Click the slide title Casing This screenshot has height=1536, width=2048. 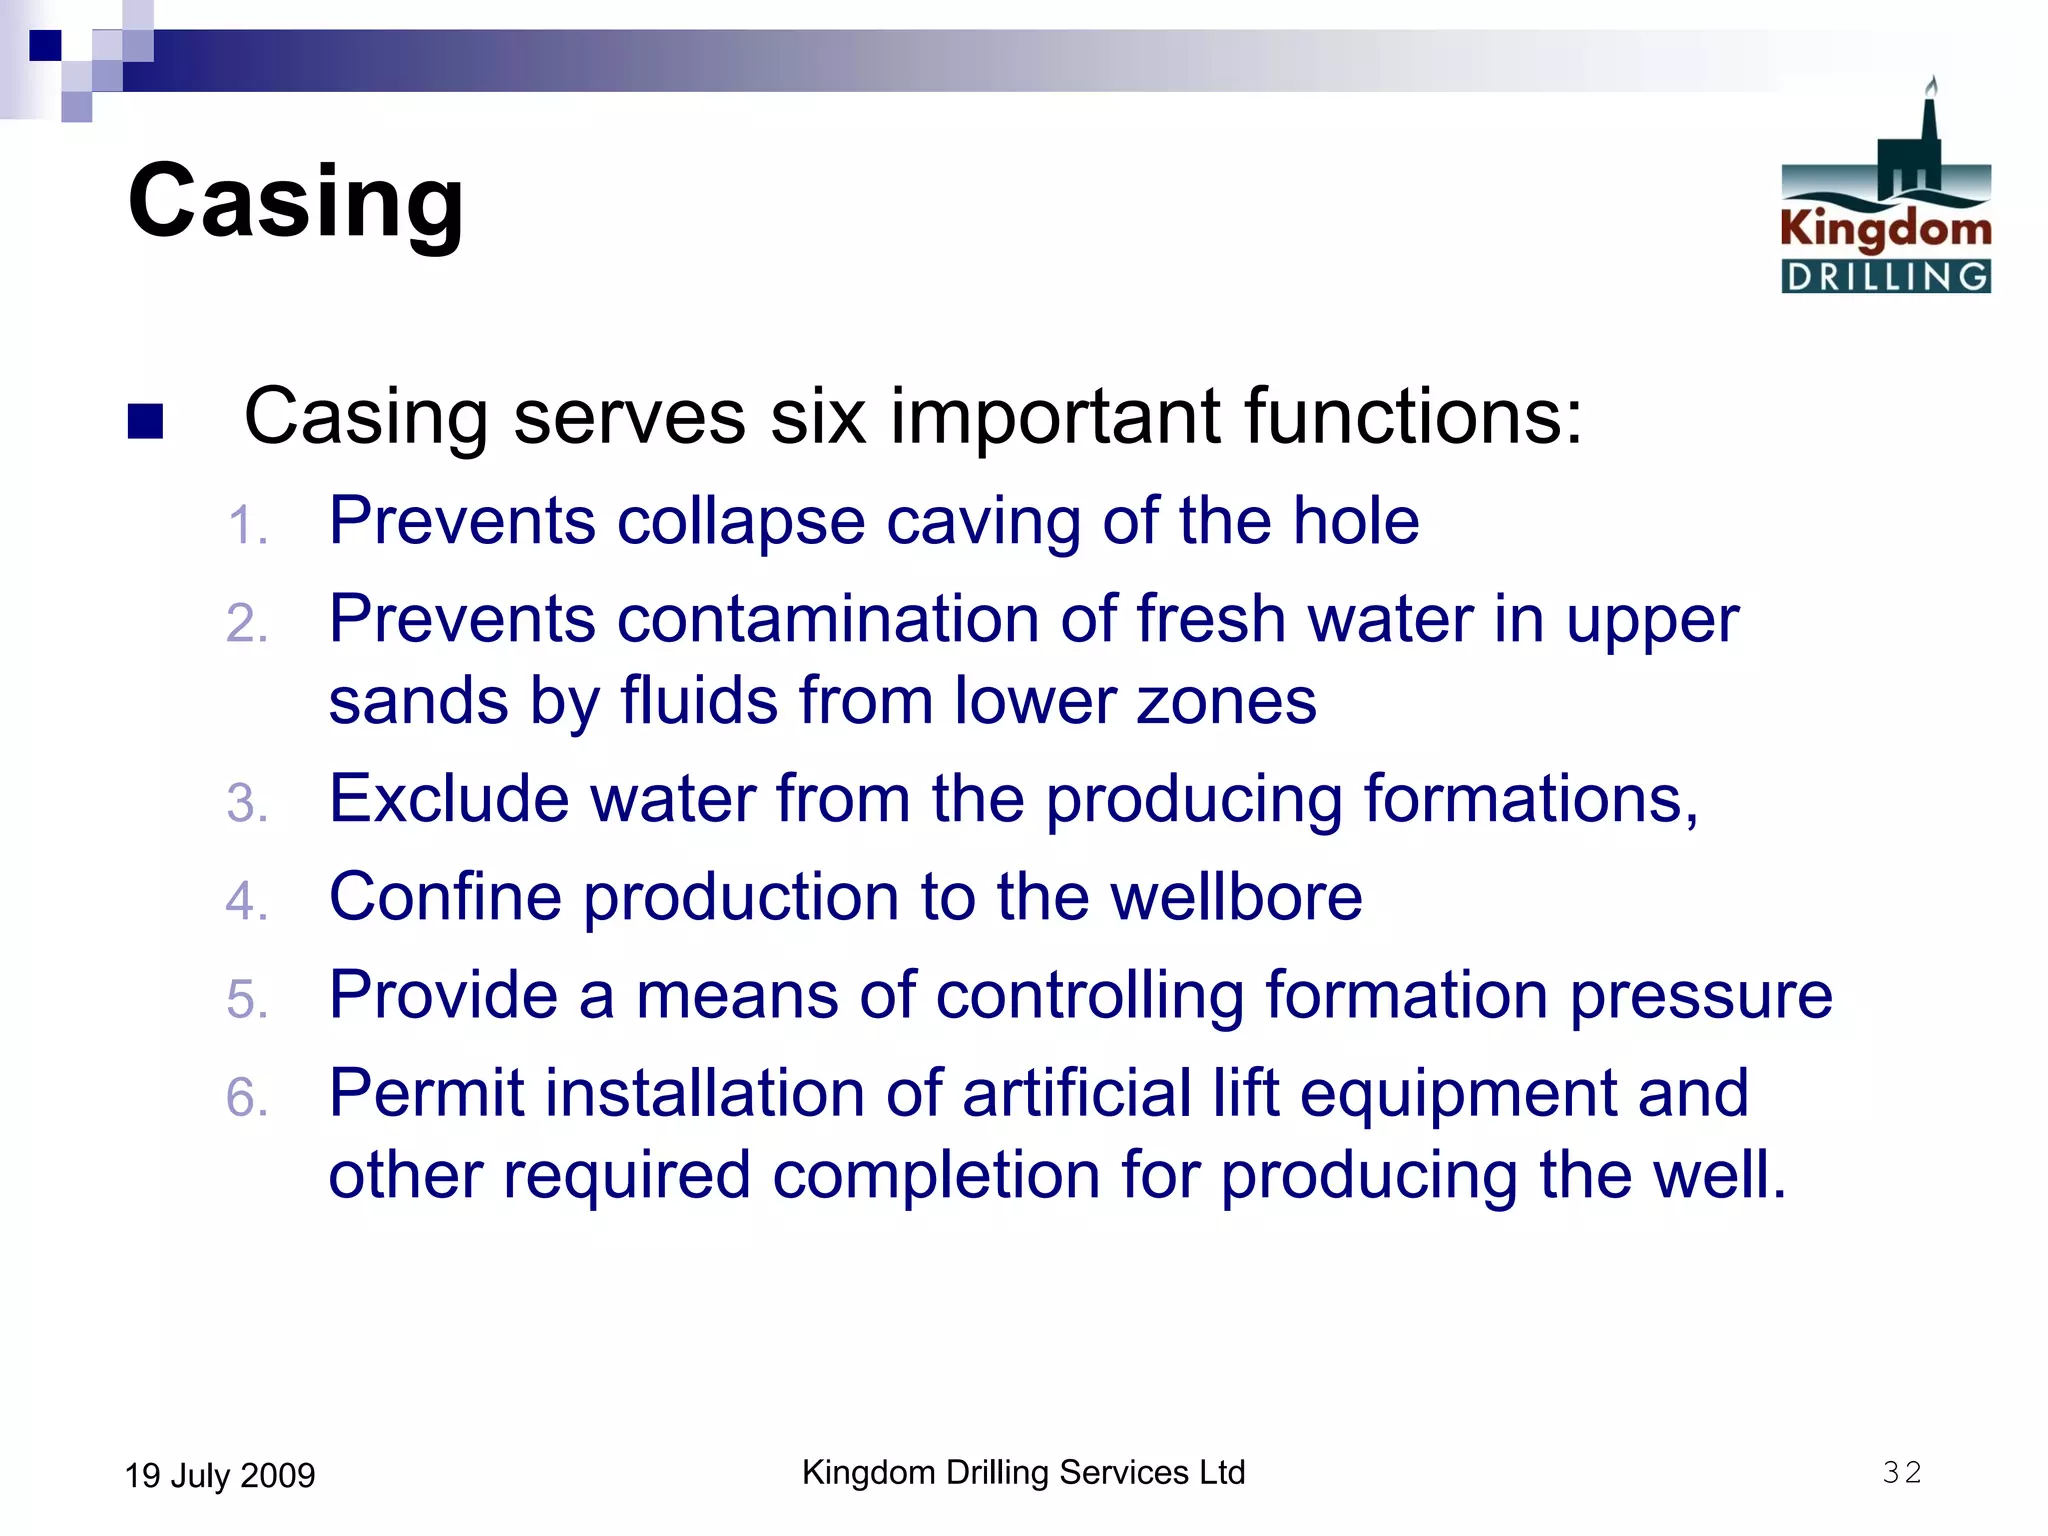click(x=296, y=202)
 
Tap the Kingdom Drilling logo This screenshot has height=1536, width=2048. click(x=1885, y=190)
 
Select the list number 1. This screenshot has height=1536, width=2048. click(x=246, y=526)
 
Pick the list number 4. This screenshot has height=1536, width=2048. click(x=246, y=901)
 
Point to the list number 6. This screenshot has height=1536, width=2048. click(x=246, y=1098)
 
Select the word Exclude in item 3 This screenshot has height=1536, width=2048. click(x=450, y=799)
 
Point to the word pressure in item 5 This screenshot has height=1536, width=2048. click(x=1700, y=996)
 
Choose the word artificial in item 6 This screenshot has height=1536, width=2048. click(x=1076, y=1093)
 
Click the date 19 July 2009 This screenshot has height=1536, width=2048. click(x=219, y=1476)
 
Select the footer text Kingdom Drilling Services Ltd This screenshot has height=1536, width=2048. click(x=1023, y=1473)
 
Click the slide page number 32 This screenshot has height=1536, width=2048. click(x=1901, y=1473)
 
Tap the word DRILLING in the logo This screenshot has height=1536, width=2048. click(x=1886, y=277)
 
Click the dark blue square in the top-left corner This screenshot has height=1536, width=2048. click(x=45, y=45)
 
